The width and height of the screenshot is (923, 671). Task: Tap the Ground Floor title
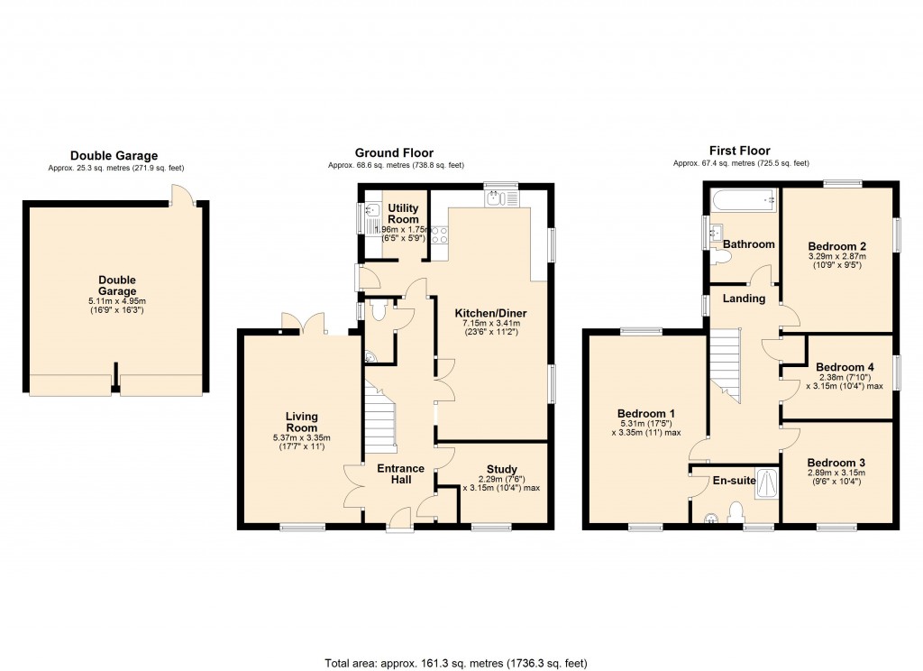[394, 152]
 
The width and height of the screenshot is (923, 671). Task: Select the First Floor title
[739, 151]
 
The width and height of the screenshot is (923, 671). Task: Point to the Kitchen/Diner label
[494, 313]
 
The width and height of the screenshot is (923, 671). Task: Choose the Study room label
[501, 469]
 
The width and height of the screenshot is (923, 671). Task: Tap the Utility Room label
[403, 214]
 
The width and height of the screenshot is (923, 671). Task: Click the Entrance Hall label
[400, 474]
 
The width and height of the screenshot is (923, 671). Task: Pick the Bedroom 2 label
[836, 245]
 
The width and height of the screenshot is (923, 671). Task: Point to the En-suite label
[733, 481]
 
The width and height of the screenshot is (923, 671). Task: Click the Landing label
[745, 299]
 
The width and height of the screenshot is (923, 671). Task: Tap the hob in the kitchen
[440, 236]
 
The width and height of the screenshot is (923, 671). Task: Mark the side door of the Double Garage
[183, 194]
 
